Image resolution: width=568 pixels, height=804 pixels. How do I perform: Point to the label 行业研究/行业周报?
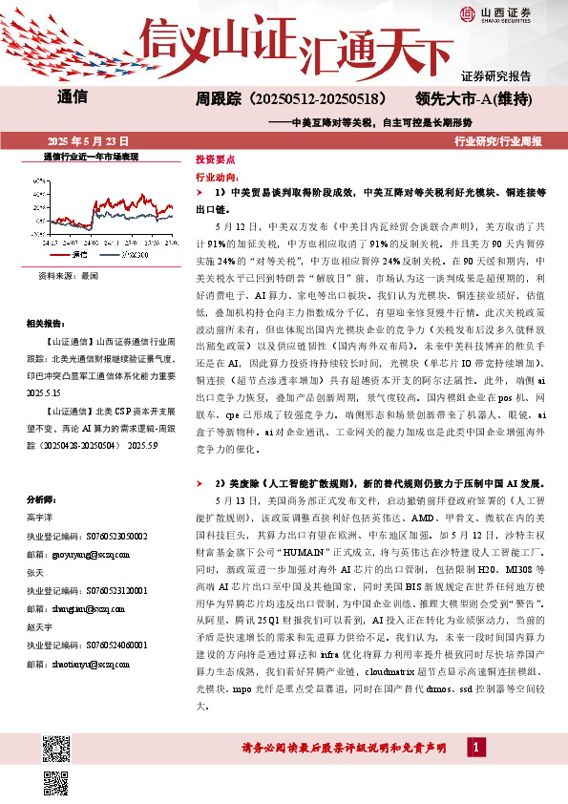(498, 140)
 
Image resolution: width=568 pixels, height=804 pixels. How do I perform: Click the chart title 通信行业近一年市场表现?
(92, 155)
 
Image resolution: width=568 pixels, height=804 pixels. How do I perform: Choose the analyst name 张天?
(36, 572)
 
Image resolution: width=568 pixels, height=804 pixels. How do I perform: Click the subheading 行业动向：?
(217, 178)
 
